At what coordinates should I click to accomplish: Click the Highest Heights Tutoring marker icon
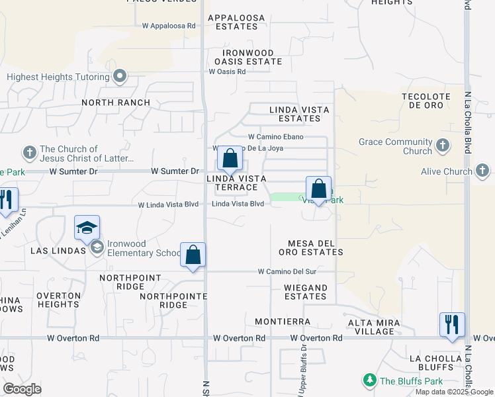coord(120,77)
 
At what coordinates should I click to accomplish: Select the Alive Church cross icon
coord(482,172)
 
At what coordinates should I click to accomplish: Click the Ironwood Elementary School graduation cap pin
coord(87,228)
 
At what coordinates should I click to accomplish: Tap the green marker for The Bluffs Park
coord(369,380)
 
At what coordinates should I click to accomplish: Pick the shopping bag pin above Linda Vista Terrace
coord(230,159)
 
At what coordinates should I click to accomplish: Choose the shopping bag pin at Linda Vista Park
coord(318,189)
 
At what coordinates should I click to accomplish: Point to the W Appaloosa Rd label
coord(169,26)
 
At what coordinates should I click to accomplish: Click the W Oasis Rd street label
coord(227,71)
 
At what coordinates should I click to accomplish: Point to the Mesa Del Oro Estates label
coord(315,247)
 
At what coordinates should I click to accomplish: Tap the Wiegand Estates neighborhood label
coord(305,292)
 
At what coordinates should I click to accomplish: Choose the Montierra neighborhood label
coord(283,322)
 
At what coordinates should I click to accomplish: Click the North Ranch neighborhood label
coord(116,103)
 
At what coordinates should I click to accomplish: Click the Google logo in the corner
coord(22,389)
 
